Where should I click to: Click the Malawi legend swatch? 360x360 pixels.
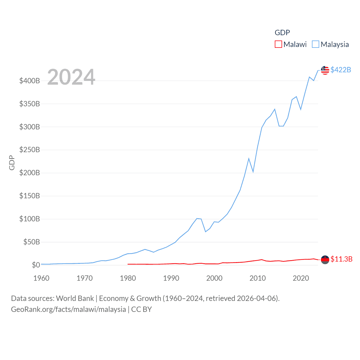[x=278, y=44]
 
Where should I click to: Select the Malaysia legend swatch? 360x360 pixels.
[x=316, y=44]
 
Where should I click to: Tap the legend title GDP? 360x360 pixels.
[x=282, y=33]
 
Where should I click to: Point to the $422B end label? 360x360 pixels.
[x=341, y=70]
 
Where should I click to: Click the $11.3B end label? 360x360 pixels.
[x=341, y=259]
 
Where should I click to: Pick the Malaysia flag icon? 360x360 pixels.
[x=325, y=70]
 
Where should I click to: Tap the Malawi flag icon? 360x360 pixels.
[x=325, y=260]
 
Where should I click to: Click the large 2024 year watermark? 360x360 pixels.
[x=71, y=77]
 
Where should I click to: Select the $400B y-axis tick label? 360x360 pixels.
[x=30, y=81]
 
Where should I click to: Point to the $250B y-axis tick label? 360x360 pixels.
[x=30, y=150]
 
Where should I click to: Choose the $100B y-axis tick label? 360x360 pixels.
[x=30, y=219]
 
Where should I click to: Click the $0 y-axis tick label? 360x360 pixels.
[x=36, y=265]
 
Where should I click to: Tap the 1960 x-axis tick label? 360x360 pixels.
[x=41, y=278]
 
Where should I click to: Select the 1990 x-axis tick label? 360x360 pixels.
[x=171, y=278]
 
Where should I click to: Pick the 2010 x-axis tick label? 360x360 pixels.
[x=258, y=278]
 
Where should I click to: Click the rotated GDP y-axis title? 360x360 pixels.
[x=12, y=163]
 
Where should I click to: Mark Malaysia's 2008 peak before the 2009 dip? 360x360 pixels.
[x=249, y=159]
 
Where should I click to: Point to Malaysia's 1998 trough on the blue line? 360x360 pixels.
[x=206, y=231]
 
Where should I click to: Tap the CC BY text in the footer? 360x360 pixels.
[x=141, y=309]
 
